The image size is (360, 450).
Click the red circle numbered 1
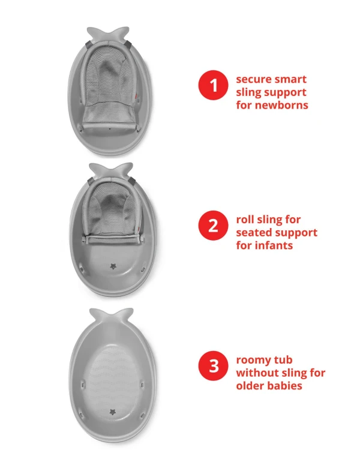(x=213, y=85)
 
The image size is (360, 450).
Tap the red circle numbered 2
(x=213, y=226)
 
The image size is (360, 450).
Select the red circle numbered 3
(x=213, y=366)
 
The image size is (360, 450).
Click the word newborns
(x=281, y=105)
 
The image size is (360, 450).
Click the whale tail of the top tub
(x=108, y=34)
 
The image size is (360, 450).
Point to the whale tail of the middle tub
(x=111, y=170)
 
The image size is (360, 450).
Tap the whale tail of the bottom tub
(x=112, y=316)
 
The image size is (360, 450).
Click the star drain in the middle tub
(x=113, y=266)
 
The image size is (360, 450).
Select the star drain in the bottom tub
(x=113, y=412)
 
